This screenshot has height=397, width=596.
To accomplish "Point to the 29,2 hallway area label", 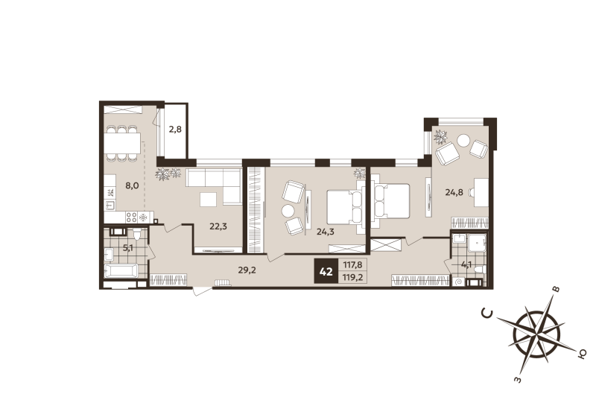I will click(x=247, y=270).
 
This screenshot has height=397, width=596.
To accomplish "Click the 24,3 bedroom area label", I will click(x=326, y=232).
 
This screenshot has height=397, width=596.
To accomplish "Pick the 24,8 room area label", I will click(x=454, y=191).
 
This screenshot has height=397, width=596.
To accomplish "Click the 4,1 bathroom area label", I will click(x=466, y=263).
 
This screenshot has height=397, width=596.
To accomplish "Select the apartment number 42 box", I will click(x=326, y=272).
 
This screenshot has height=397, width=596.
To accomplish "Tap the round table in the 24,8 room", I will click(x=464, y=139).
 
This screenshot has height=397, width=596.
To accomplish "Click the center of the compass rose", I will click(x=536, y=333).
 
